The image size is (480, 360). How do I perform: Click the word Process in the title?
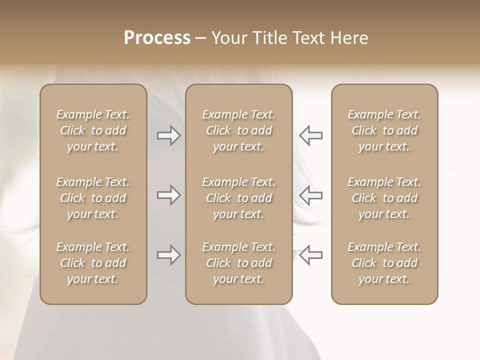coord(157,38)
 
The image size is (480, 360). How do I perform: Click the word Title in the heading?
coord(269,38)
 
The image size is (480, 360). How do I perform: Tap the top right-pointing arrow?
coord(168,135)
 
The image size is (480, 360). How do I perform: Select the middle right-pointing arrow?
coord(168,195)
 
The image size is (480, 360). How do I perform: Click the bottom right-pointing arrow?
coord(168,255)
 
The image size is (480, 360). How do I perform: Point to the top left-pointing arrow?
coord(311,135)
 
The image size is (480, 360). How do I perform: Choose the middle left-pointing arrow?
coord(311,195)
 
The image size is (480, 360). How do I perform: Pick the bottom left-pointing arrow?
coord(311,254)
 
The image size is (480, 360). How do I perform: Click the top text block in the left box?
coord(93,130)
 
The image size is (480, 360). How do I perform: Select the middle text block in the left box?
coord(93,198)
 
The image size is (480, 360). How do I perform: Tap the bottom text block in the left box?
coord(93,263)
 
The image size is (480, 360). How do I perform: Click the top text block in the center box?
coord(238,130)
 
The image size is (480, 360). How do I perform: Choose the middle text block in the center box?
coord(238,198)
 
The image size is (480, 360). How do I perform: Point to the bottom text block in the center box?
coord(238,263)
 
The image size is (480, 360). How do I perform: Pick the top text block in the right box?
coord(384,130)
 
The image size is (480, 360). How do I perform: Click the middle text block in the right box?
coord(384,198)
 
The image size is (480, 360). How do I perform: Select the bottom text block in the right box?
coord(384,263)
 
